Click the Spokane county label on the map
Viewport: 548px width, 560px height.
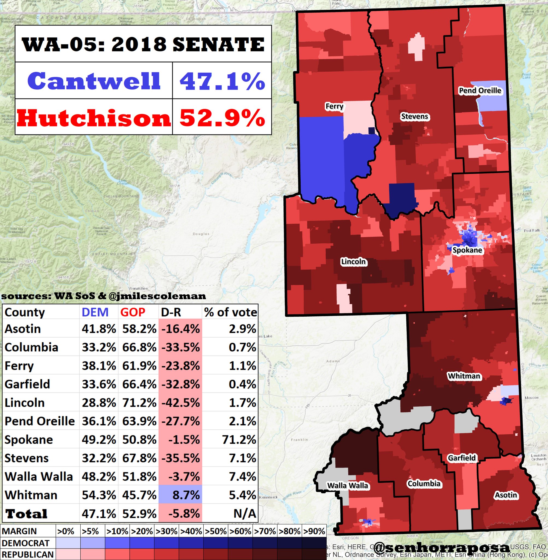tap(467, 250)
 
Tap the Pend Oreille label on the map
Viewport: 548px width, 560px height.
tap(480, 91)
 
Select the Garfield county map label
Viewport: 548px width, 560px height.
tap(462, 458)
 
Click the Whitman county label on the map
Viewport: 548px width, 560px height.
tap(464, 376)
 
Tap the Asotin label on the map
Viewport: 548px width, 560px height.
tap(506, 495)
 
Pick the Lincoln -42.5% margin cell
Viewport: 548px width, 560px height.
tap(180, 403)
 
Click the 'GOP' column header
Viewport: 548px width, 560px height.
tap(132, 312)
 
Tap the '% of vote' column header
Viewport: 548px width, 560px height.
tap(230, 312)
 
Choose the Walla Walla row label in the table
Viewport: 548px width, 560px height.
tap(39, 477)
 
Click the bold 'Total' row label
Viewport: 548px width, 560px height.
tap(26, 514)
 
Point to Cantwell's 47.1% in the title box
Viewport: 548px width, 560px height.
tap(222, 81)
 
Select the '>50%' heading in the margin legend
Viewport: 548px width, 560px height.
tap(216, 531)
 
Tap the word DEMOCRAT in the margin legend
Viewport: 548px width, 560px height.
tap(26, 543)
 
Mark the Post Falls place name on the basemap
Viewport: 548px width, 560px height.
tap(532, 231)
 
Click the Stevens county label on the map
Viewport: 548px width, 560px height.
tap(414, 116)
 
